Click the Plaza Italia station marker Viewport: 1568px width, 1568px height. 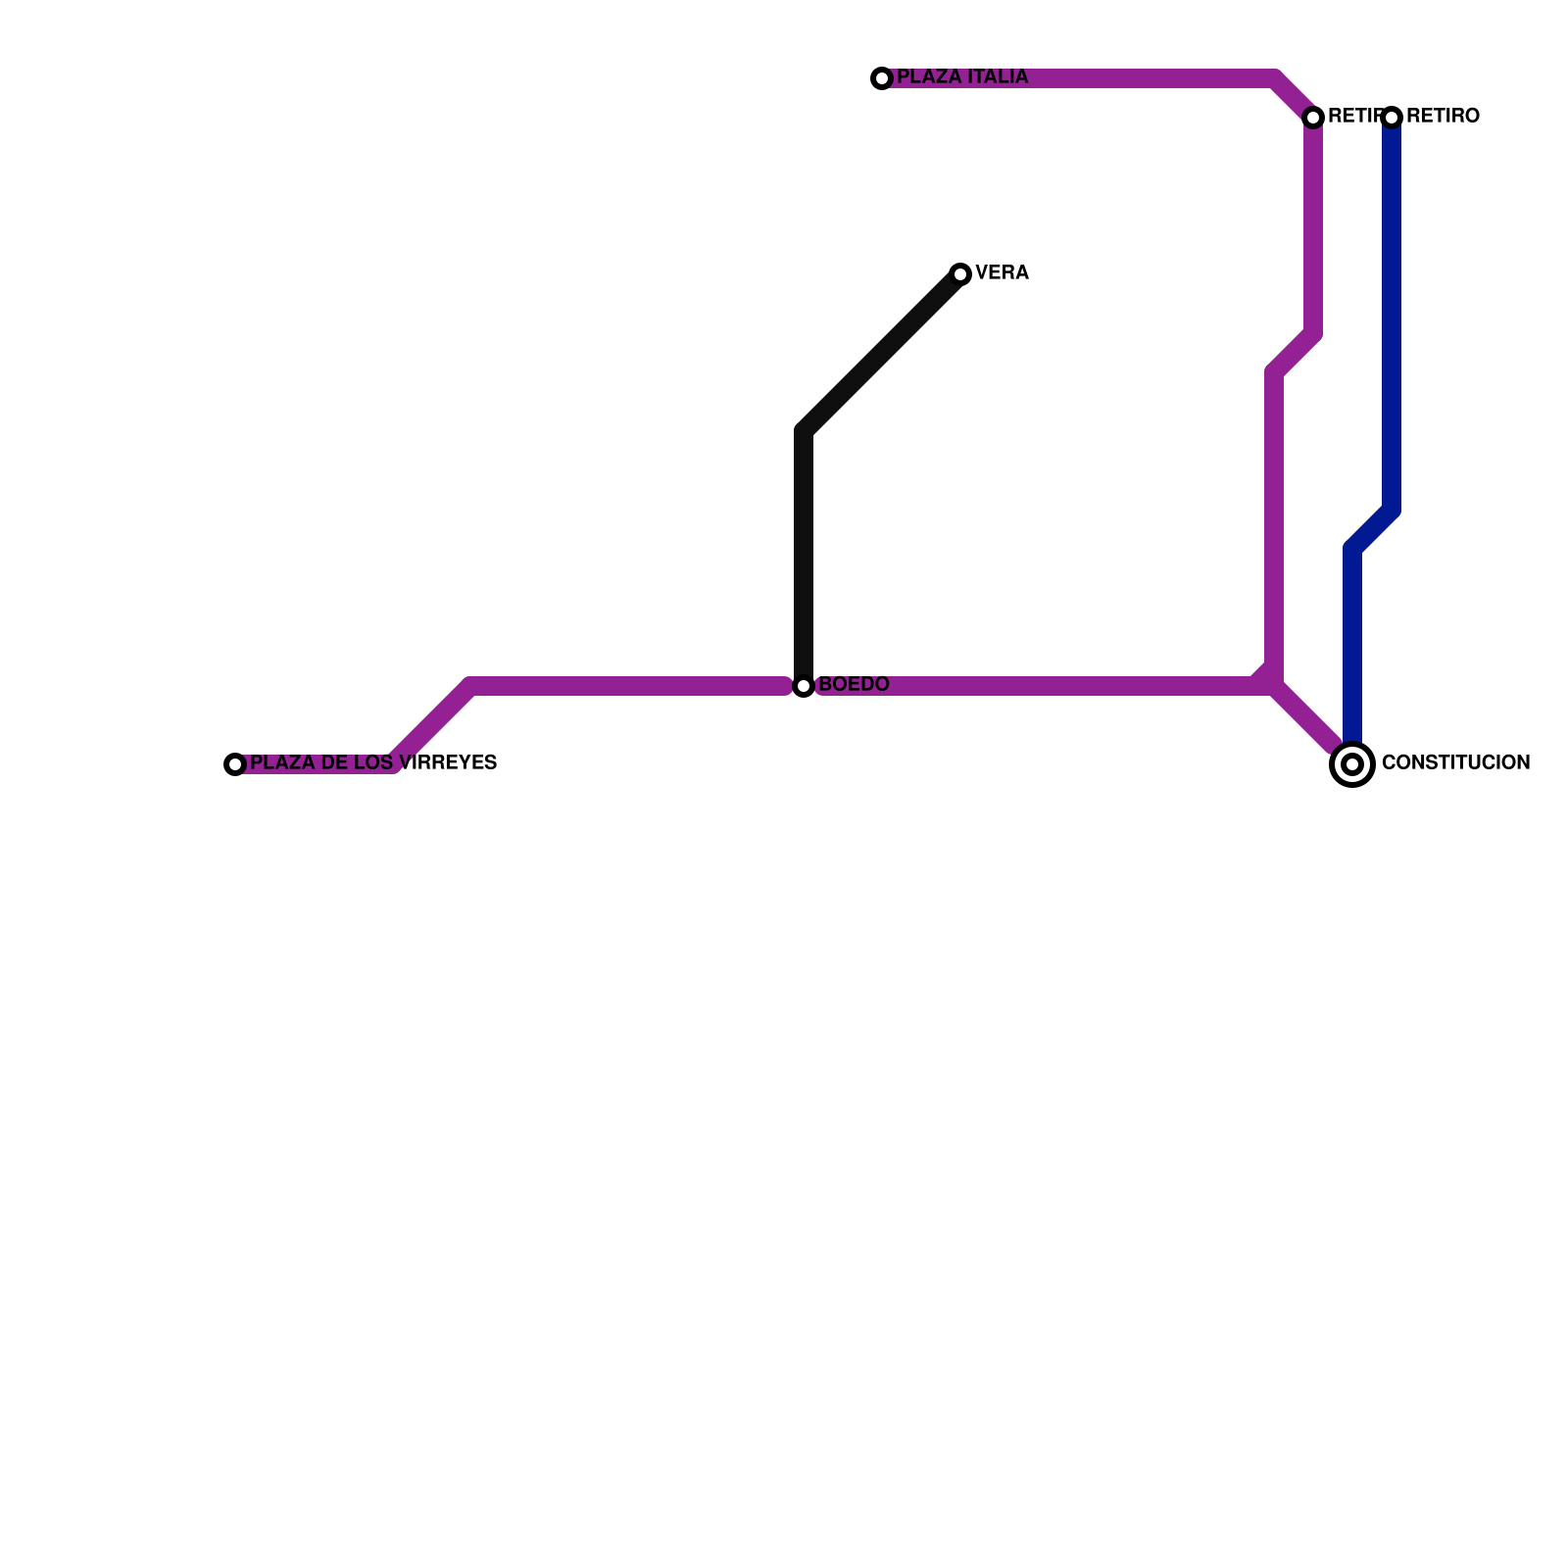pos(882,78)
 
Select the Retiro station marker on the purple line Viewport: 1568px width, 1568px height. pos(1313,118)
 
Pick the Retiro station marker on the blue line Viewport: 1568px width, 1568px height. pos(1392,118)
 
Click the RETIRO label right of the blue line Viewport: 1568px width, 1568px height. pos(1443,117)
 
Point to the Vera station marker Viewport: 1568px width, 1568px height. pos(960,274)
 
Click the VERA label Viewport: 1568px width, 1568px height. pos(1002,273)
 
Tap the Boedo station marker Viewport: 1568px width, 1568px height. pos(804,686)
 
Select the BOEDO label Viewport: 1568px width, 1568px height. pos(854,684)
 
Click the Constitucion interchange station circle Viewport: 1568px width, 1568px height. pos(1352,764)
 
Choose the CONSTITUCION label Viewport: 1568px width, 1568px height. pos(1455,762)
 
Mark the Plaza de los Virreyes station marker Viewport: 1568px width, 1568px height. pos(235,764)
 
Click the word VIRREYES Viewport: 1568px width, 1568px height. pos(449,762)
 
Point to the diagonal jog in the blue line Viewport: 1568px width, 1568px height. pos(1372,529)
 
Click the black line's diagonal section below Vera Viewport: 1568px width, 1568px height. pos(882,353)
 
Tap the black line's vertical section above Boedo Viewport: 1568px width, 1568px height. pos(804,559)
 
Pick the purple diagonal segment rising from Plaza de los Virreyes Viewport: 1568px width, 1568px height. pos(431,725)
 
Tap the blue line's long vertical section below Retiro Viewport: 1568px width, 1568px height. pos(1392,314)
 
